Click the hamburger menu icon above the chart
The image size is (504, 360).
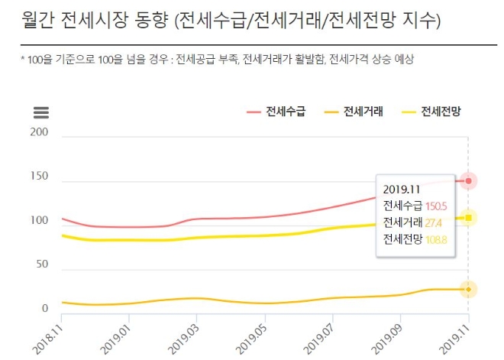tap(41, 113)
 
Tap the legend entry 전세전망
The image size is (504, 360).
tap(441, 113)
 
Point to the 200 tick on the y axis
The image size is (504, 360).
tap(39, 132)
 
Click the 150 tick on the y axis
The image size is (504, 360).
tap(39, 177)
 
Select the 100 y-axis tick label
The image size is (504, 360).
tap(39, 221)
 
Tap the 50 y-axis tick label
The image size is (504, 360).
tap(42, 264)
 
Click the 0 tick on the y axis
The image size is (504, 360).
tap(45, 309)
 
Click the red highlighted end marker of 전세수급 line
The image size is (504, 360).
tap(468, 180)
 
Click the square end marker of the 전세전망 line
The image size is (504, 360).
tap(468, 218)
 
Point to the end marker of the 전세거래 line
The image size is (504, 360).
tap(468, 289)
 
